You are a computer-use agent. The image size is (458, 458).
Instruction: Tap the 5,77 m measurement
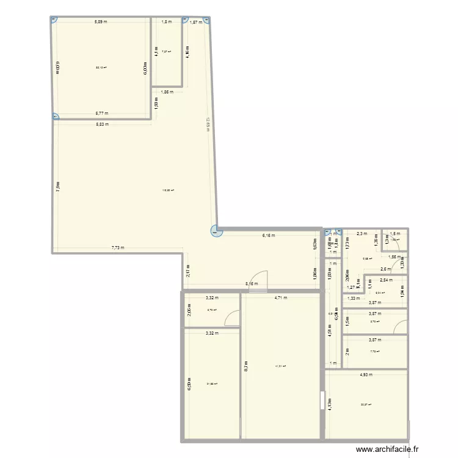click(x=101, y=113)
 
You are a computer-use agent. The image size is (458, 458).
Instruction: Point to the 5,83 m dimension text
click(x=101, y=124)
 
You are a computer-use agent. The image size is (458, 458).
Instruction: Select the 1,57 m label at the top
click(x=195, y=23)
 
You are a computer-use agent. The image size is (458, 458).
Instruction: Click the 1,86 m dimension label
click(x=167, y=92)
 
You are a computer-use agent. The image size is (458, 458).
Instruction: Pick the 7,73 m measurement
click(x=118, y=247)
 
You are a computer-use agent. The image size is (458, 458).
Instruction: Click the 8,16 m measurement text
click(x=252, y=283)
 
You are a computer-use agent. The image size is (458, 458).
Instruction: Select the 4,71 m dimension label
click(x=281, y=298)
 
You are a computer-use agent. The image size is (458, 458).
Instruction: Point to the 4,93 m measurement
click(x=367, y=374)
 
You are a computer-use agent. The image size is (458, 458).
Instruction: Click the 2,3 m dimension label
click(x=362, y=233)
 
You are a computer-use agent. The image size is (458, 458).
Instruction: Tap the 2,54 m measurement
click(x=387, y=280)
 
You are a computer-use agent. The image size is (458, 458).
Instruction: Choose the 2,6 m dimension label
click(x=385, y=269)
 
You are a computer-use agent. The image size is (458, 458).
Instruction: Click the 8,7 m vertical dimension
click(x=246, y=366)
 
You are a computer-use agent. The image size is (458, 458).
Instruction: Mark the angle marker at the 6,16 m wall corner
click(x=215, y=231)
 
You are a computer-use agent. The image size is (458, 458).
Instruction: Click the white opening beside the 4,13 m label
click(x=321, y=400)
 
